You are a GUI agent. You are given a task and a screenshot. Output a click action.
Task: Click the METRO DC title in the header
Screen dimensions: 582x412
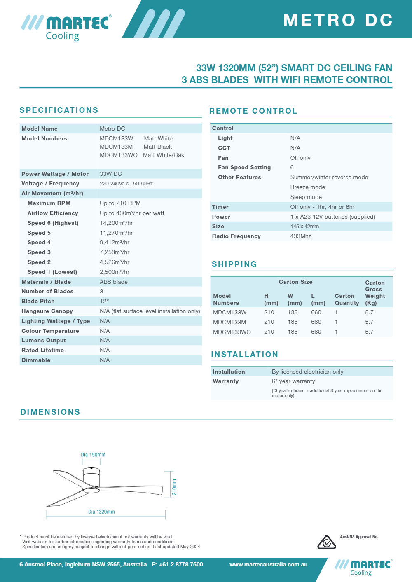point(338,20)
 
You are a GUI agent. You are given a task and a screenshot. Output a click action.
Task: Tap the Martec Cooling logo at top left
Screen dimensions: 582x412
point(66,27)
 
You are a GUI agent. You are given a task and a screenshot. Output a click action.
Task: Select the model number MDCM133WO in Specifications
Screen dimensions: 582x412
point(118,155)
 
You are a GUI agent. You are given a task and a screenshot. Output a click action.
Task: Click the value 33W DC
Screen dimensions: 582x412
point(111,174)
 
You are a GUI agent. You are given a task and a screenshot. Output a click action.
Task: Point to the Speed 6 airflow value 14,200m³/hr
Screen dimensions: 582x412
point(116,223)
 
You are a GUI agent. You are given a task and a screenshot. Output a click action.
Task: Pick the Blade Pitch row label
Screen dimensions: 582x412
point(38,301)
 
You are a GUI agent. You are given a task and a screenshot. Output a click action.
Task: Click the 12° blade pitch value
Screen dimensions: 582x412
point(104,301)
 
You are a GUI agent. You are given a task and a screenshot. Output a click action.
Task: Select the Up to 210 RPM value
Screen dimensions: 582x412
point(120,203)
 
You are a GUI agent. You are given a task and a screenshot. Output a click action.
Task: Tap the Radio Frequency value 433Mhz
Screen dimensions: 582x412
point(301,236)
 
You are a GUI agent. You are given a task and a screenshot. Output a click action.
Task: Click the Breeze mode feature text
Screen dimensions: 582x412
point(308,187)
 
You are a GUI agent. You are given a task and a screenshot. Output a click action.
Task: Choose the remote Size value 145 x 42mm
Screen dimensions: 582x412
point(304,226)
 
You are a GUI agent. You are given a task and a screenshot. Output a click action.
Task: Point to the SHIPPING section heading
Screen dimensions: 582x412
point(234,264)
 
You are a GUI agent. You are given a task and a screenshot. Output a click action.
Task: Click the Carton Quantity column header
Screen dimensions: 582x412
point(346,299)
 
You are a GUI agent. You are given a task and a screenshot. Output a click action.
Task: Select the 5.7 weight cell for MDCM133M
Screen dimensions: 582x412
point(369,322)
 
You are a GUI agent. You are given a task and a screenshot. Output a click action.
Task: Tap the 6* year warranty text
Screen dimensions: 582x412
point(293,381)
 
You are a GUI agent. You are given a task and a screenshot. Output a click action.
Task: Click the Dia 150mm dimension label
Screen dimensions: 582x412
point(93,455)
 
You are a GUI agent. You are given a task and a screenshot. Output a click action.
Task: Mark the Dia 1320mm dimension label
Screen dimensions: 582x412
point(101,512)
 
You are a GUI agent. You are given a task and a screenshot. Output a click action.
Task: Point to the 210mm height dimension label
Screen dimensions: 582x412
point(174,487)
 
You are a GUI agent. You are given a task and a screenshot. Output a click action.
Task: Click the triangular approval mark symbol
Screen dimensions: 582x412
point(326,542)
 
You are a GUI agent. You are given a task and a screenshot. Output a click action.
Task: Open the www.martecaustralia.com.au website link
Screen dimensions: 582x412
point(268,564)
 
